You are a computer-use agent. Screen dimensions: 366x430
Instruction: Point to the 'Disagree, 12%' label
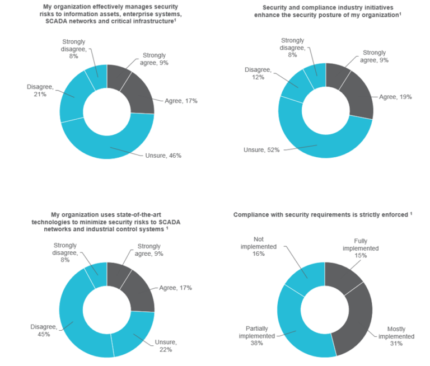(258, 73)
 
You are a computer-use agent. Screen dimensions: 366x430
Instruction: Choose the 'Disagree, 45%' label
(40, 330)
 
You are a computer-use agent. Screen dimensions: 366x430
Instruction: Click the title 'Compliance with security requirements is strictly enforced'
(322, 214)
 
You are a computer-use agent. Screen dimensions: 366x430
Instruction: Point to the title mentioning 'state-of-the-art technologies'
(109, 221)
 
